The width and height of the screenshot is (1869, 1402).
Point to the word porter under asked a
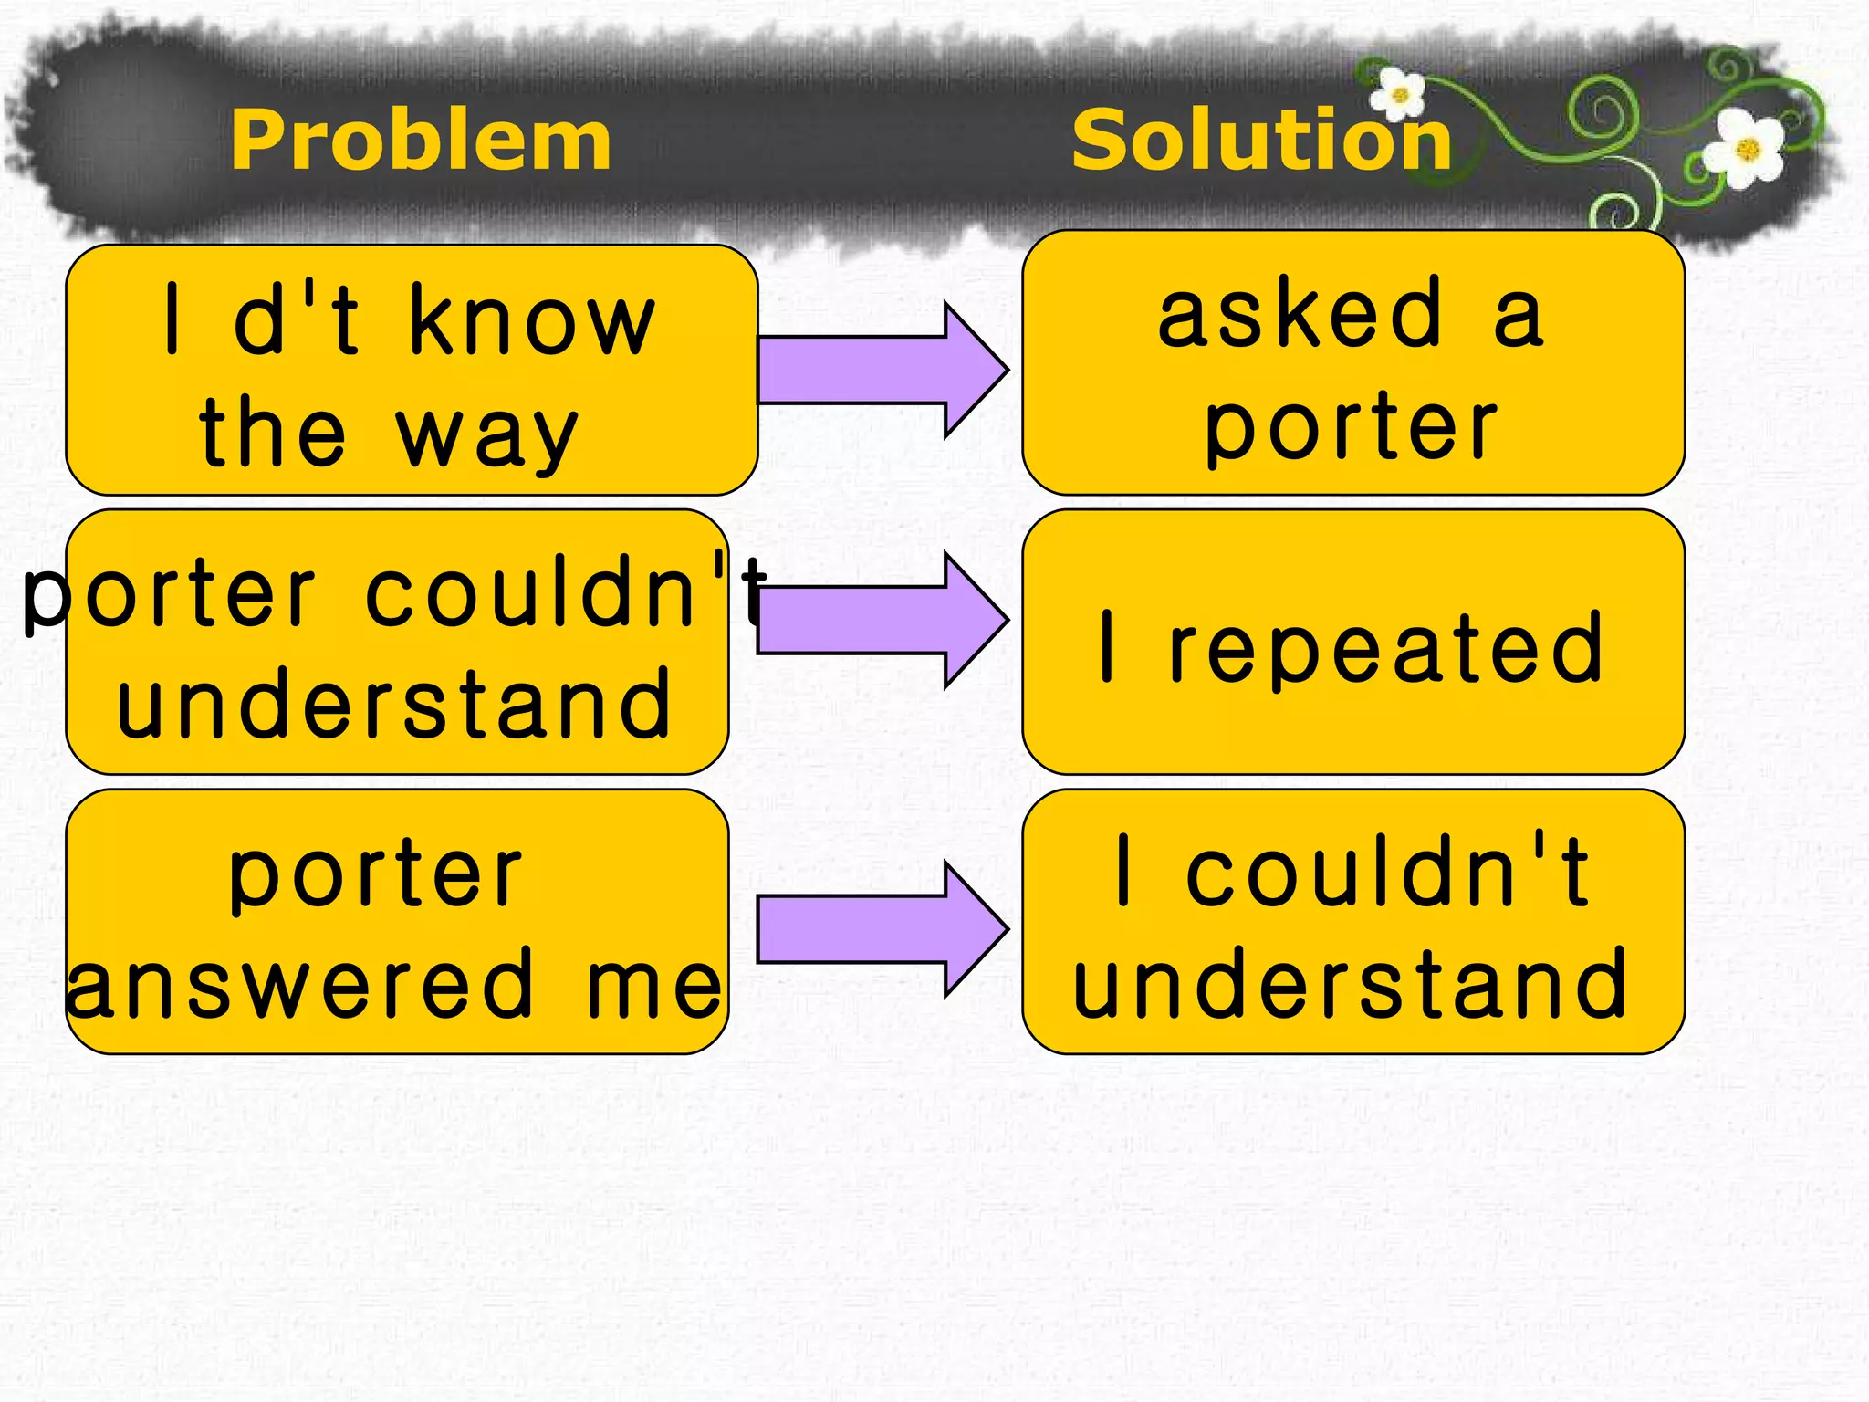pos(1351,427)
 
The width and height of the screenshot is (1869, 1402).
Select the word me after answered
pos(653,986)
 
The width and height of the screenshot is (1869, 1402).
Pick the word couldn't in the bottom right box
pos(1387,872)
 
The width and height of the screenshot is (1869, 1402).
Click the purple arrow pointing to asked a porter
pos(881,369)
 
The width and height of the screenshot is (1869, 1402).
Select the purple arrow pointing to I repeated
pos(881,621)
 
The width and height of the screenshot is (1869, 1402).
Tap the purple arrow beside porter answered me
pos(881,929)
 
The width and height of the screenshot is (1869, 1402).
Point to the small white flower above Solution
pos(1399,94)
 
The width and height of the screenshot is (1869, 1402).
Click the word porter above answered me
pos(376,874)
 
